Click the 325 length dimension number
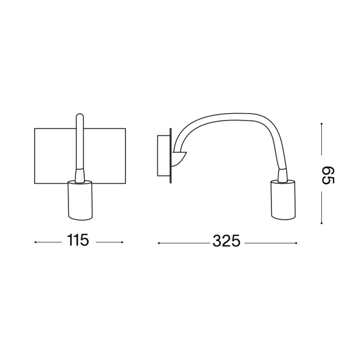(x=226, y=241)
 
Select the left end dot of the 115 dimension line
(x=35, y=242)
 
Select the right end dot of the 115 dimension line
(x=122, y=242)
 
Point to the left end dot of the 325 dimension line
(x=159, y=243)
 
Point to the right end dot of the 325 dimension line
(x=296, y=243)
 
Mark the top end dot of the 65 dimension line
(x=321, y=124)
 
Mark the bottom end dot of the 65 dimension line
(x=321, y=223)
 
